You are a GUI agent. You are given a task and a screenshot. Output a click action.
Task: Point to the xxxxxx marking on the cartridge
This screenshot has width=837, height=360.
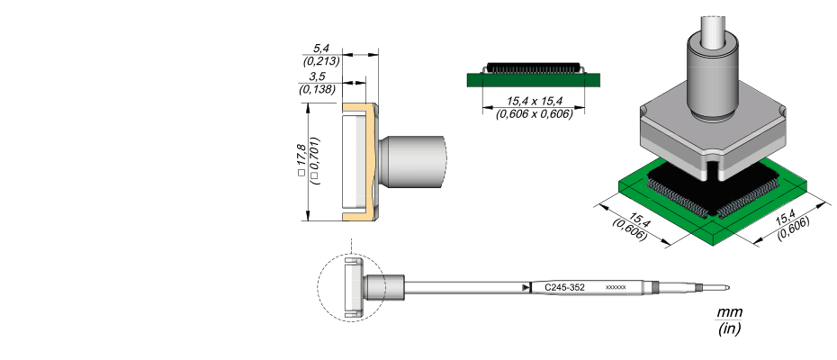pyautogui.click(x=616, y=287)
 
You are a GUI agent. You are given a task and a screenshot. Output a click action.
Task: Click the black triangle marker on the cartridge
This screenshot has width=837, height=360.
pyautogui.click(x=524, y=287)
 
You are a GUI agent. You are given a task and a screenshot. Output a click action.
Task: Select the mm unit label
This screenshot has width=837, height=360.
pyautogui.click(x=730, y=312)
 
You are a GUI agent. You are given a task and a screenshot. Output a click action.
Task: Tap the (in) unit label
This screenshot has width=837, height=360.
pyautogui.click(x=730, y=329)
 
